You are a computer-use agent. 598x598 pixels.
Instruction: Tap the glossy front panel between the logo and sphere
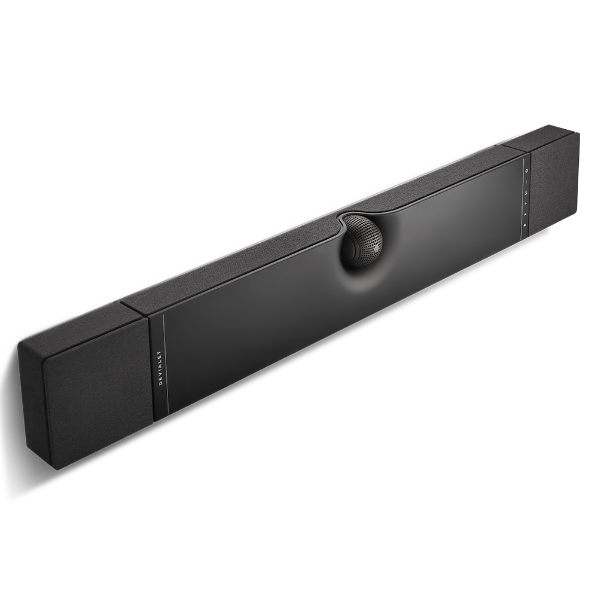click(251, 323)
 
